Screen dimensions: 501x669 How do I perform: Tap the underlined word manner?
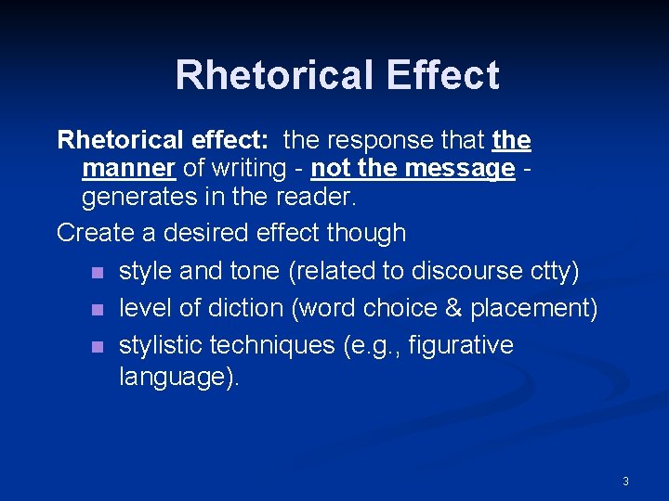pyautogui.click(x=129, y=169)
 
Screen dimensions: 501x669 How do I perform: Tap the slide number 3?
pyautogui.click(x=625, y=481)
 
